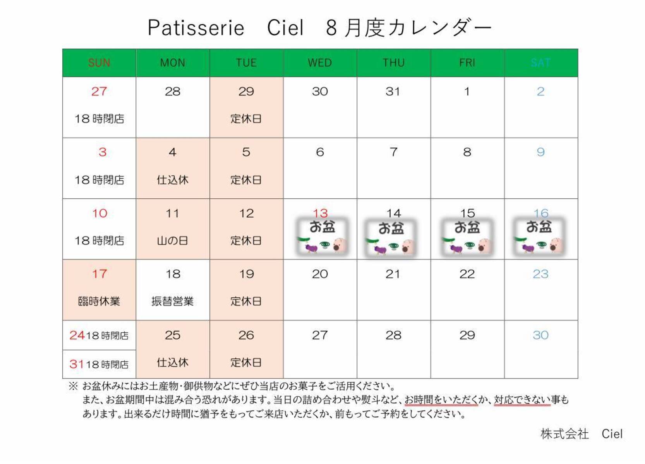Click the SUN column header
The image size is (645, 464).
click(x=99, y=63)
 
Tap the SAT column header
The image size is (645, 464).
click(x=540, y=63)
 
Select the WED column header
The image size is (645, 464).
click(x=320, y=63)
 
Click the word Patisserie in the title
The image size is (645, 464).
click(x=196, y=28)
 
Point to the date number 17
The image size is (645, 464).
click(x=99, y=274)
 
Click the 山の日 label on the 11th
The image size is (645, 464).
click(x=173, y=241)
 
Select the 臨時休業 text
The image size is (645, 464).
click(x=99, y=301)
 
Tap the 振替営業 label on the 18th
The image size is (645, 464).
click(x=173, y=301)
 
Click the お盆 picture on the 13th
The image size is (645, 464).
click(x=322, y=237)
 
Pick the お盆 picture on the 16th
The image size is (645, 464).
click(x=539, y=237)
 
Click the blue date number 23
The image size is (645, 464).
click(x=540, y=274)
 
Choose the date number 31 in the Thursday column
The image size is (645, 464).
click(x=393, y=92)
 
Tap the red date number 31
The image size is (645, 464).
click(x=77, y=364)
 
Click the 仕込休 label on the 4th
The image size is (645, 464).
click(x=173, y=180)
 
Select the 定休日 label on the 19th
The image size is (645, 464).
click(x=246, y=301)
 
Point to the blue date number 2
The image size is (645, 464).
click(x=540, y=92)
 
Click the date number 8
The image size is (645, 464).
click(x=467, y=152)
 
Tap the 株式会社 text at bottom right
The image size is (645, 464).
click(x=564, y=434)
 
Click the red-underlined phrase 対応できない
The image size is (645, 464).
click(x=522, y=399)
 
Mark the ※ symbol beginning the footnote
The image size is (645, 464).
click(x=73, y=386)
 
